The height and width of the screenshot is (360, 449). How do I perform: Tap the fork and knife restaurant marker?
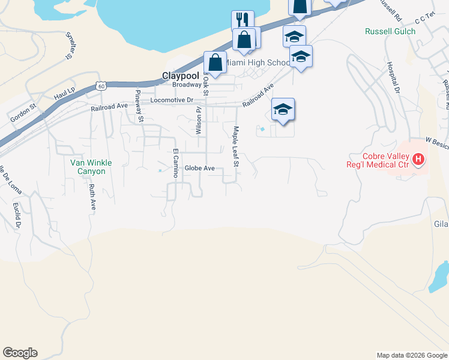[243, 20]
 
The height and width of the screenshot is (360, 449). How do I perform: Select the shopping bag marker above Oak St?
[215, 62]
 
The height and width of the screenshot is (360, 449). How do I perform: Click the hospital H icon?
[418, 160]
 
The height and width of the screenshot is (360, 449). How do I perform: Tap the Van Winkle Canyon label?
[88, 167]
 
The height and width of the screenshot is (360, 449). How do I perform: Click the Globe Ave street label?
[199, 169]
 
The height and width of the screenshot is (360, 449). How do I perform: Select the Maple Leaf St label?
[237, 146]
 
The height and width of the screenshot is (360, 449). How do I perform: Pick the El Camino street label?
[176, 163]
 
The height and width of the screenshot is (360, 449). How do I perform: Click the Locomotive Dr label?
[172, 100]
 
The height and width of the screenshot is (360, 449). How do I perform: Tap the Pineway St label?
[139, 105]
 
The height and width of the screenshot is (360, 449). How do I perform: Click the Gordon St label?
[23, 115]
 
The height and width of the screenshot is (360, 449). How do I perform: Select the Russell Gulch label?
[390, 31]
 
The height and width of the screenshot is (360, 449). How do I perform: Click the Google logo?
[20, 353]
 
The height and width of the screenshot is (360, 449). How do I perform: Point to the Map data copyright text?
[411, 355]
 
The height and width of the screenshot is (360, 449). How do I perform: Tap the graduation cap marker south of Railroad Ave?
[283, 109]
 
